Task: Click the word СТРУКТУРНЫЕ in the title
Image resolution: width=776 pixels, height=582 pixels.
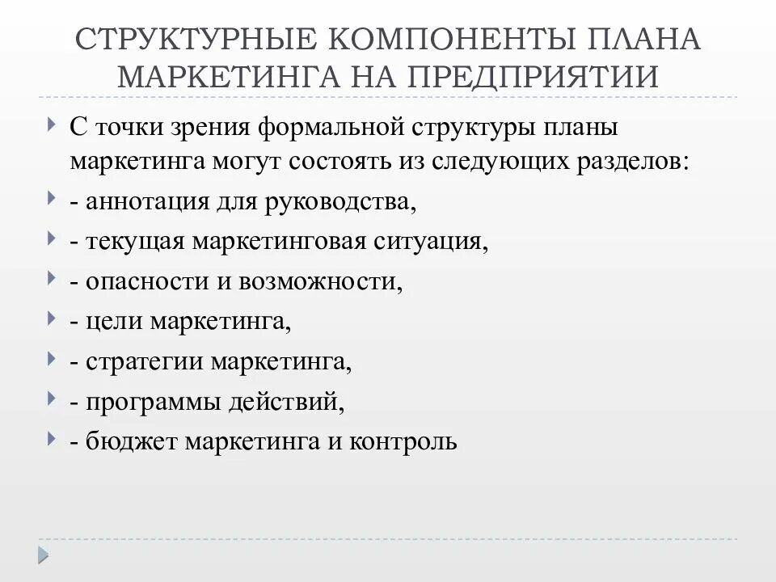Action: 192,40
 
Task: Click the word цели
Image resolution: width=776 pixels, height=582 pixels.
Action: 107,322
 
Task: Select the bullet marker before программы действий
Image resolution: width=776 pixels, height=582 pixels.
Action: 52,399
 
